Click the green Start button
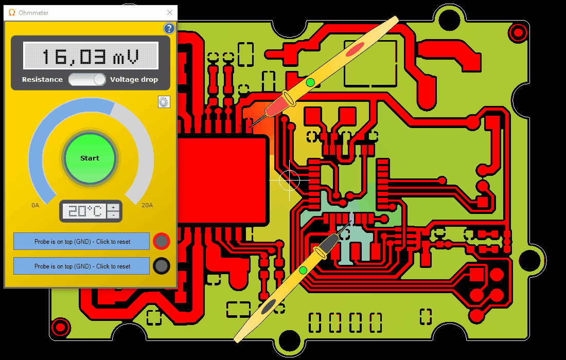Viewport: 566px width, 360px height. pos(90,158)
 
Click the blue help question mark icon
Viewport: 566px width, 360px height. pos(169,28)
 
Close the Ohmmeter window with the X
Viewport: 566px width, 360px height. pos(170,12)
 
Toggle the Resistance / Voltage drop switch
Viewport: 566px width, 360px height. pos(87,79)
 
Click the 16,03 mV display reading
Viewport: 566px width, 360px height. pos(91,56)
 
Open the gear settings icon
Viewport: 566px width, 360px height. pos(164,102)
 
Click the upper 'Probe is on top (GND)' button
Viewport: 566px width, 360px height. pos(82,241)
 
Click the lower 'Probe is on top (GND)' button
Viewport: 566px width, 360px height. pos(82,266)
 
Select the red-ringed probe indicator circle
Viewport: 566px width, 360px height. pos(162,241)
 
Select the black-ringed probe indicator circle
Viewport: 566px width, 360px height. pos(162,266)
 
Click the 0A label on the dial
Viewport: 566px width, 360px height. pos(35,205)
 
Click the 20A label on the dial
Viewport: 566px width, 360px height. pos(147,205)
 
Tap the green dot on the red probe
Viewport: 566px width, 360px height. pos(310,83)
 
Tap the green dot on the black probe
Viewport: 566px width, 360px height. pos(303,270)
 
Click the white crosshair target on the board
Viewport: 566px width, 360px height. pos(290,180)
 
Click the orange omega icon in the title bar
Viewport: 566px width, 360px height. pos(12,13)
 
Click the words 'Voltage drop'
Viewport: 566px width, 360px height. pos(134,79)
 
